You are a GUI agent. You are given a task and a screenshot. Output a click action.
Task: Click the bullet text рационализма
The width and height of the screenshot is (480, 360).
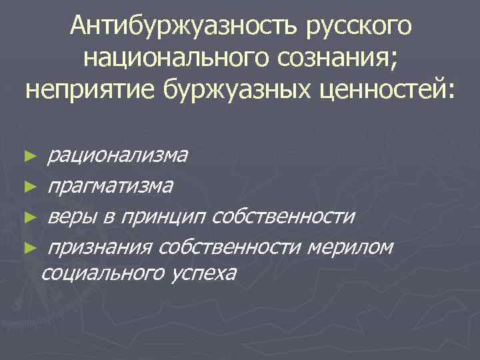tap(117, 155)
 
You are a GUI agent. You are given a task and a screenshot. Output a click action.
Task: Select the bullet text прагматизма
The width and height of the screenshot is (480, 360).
tap(111, 186)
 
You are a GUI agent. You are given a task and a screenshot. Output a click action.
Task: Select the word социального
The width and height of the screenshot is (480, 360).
tap(103, 273)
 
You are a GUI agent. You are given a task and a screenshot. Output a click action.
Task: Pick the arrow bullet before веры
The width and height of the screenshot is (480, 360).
tap(27, 217)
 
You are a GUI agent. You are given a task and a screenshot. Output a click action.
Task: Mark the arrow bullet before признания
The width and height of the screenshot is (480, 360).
tap(27, 248)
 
